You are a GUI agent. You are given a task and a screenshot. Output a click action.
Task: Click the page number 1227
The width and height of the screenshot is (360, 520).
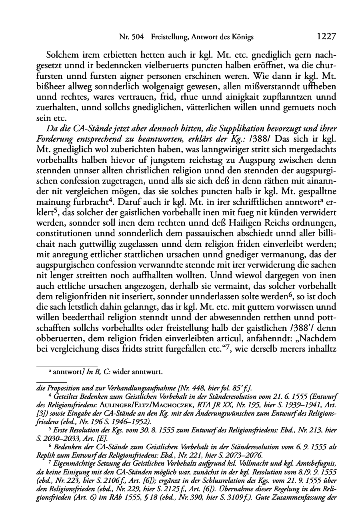pos(326,37)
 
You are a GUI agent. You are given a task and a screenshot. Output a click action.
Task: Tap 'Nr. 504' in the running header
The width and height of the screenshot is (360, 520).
pos(132,37)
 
